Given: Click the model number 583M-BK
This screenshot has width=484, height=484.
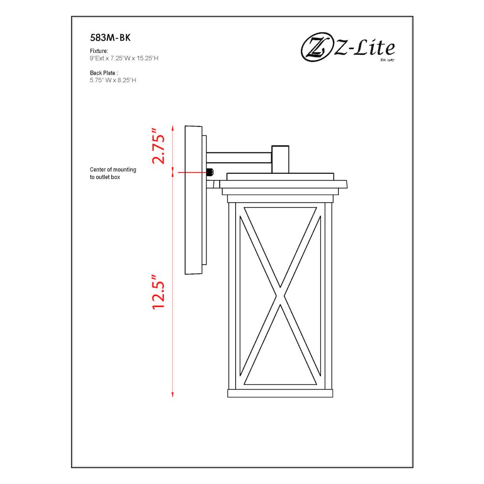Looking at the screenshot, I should click(110, 38).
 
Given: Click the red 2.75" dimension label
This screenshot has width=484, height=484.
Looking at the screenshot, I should click(159, 146).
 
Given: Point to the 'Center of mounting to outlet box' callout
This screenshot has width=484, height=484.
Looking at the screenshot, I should click(113, 173).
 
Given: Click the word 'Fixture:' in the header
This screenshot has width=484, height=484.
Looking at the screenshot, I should click(99, 51).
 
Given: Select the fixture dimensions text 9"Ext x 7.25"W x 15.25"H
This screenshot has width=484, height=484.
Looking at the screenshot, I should click(124, 58).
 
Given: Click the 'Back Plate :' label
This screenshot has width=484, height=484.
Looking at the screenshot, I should click(104, 73).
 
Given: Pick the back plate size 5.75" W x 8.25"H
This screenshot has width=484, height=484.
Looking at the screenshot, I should click(113, 80).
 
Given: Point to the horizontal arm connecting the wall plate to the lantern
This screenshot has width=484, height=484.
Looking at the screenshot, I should click(239, 158).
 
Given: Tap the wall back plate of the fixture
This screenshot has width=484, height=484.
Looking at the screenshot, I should click(193, 200).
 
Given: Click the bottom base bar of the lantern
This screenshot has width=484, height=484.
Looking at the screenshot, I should click(280, 393).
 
